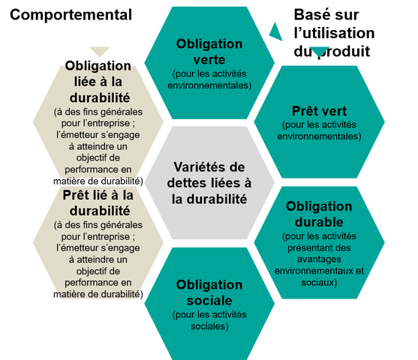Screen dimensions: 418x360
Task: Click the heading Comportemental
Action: [71, 15]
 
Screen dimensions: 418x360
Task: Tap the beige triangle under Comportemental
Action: [100, 52]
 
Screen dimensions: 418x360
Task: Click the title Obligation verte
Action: [209, 52]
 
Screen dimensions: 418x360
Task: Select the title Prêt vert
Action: [319, 111]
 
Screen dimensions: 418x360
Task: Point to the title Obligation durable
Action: [319, 214]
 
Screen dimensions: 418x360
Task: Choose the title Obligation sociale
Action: [209, 292]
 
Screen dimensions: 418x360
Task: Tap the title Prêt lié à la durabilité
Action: [98, 203]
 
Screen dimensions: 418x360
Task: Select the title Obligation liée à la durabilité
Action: [98, 82]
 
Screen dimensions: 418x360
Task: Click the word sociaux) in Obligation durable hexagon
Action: [319, 283]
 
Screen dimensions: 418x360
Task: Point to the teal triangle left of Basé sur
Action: [276, 31]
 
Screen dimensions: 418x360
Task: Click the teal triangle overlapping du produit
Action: [319, 52]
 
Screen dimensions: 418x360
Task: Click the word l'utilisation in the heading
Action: [334, 33]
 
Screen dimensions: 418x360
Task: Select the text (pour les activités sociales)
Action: [209, 320]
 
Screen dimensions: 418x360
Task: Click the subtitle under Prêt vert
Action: [319, 130]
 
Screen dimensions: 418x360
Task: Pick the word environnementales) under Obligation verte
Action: [209, 85]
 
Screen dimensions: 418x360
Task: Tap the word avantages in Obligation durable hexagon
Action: [319, 259]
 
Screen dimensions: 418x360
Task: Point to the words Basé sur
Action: [326, 15]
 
